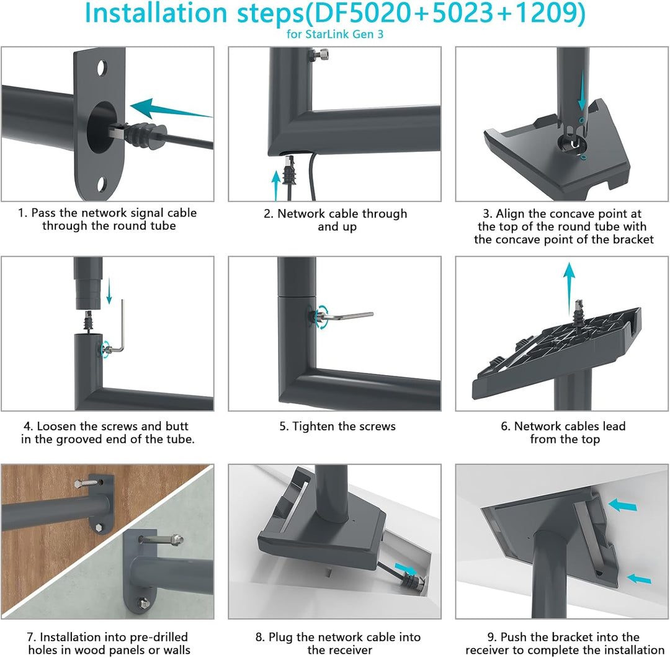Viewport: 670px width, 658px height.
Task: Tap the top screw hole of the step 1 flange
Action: pyautogui.click(x=102, y=68)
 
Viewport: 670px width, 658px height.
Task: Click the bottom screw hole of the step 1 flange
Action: pyautogui.click(x=102, y=185)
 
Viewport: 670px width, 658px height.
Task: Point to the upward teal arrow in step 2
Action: pyautogui.click(x=276, y=185)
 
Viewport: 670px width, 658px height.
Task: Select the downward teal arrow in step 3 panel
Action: pyautogui.click(x=581, y=91)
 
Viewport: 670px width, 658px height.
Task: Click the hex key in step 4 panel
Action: pyautogui.click(x=118, y=328)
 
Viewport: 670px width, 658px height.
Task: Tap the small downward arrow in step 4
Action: pyautogui.click(x=109, y=291)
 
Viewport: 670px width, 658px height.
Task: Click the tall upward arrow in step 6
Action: pyautogui.click(x=569, y=289)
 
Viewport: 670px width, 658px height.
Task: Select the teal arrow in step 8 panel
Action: pyautogui.click(x=406, y=569)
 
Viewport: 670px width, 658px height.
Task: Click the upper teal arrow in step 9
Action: pyautogui.click(x=623, y=505)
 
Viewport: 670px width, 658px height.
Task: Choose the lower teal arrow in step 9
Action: pyautogui.click(x=639, y=579)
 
